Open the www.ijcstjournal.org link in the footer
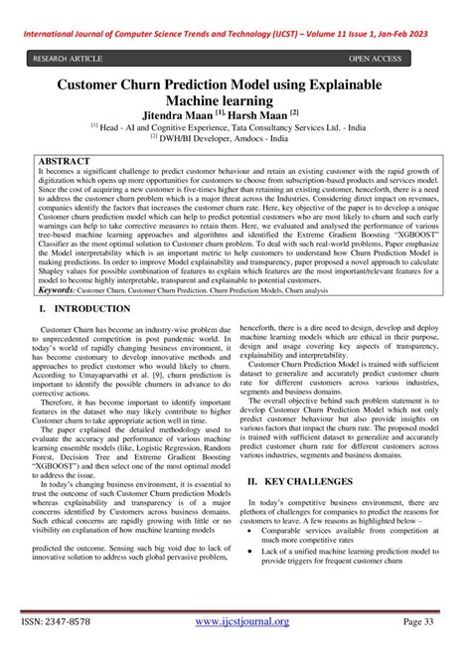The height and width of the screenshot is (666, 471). (241, 622)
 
